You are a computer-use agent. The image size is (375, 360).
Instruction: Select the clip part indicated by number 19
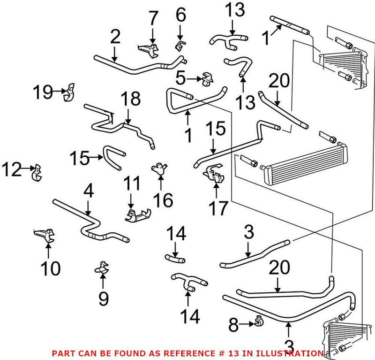(x=70, y=92)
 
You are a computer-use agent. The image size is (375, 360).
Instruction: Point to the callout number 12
(x=11, y=169)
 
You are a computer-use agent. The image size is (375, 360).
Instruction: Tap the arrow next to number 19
(x=60, y=92)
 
